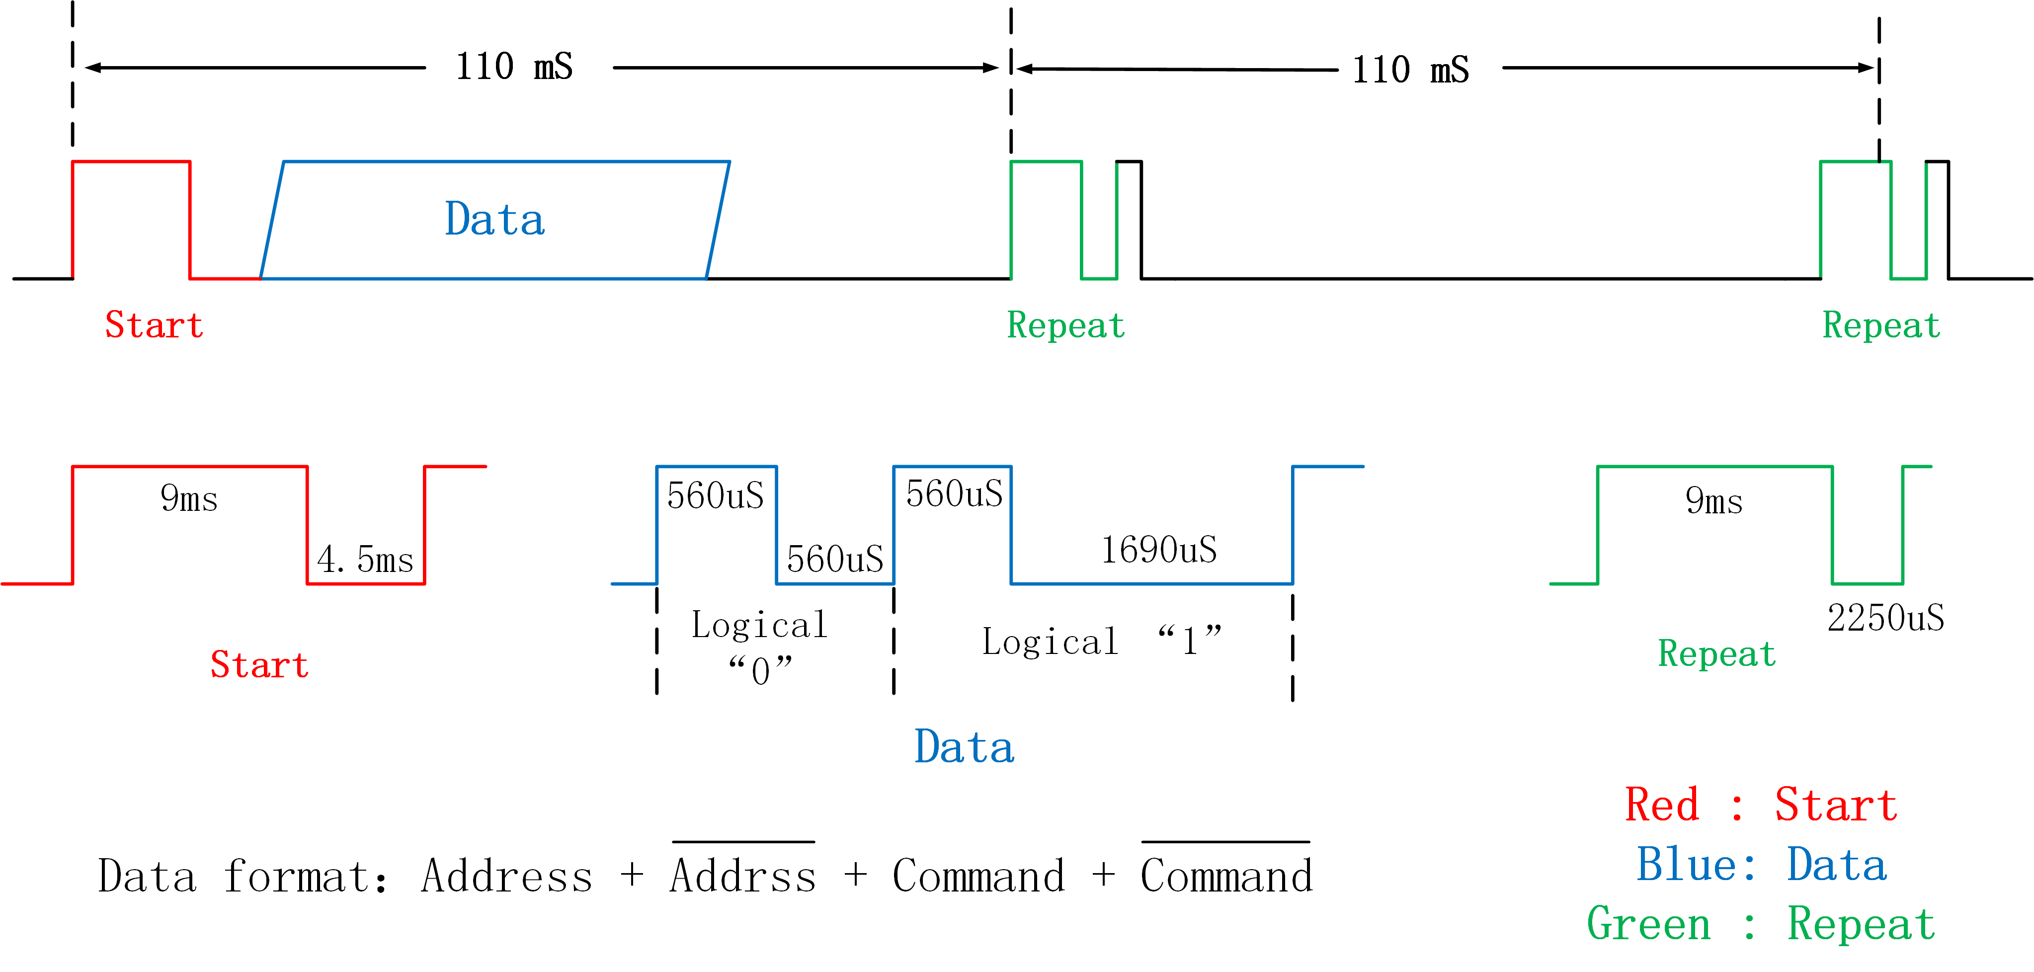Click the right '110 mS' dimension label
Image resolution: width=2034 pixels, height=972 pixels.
click(1410, 70)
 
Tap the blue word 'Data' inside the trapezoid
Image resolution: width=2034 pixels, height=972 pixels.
click(494, 220)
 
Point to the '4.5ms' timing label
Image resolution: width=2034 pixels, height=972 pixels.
click(365, 560)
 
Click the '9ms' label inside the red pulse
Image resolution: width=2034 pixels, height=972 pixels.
click(189, 498)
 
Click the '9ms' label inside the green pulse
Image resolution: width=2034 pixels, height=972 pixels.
click(1713, 500)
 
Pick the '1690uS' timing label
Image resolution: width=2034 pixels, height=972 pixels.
click(1158, 550)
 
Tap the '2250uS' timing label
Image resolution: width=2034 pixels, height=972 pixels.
click(1885, 618)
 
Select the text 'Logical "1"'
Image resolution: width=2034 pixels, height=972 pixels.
click(1102, 641)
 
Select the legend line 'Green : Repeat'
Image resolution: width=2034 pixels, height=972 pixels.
click(1761, 924)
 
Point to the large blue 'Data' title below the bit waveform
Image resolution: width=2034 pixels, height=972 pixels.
click(964, 747)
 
